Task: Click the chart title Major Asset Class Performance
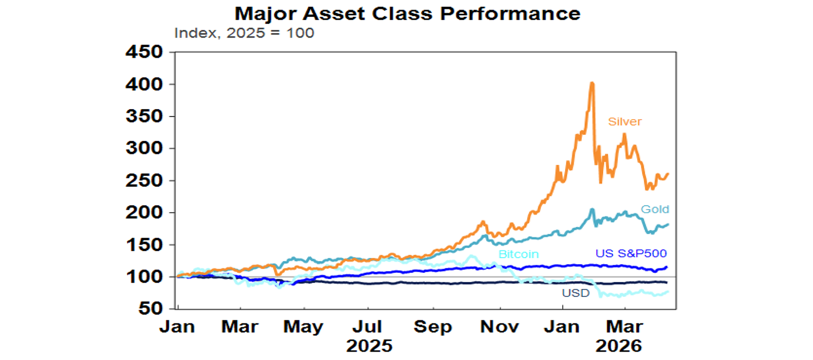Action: (x=407, y=13)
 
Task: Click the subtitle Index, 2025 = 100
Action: (x=244, y=33)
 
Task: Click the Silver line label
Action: (x=625, y=122)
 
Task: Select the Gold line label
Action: (x=655, y=210)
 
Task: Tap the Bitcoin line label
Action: (x=518, y=255)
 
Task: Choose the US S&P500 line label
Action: (x=630, y=254)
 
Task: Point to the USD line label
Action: (x=575, y=293)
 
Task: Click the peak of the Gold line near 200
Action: (x=592, y=210)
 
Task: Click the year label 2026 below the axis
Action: (x=618, y=346)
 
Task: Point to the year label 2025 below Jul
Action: (x=369, y=346)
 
